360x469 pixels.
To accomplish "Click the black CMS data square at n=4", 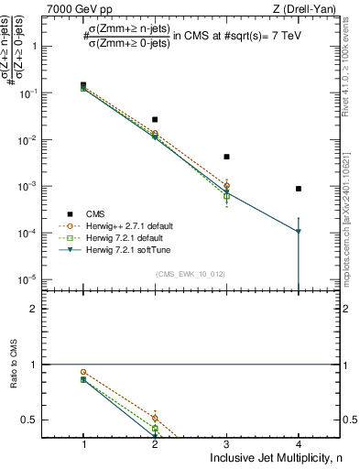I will coord(299,189).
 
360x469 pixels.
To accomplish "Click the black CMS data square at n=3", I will coord(226,157).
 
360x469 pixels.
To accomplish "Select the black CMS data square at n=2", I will coord(155,119).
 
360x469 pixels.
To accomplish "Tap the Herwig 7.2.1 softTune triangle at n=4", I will coord(299,232).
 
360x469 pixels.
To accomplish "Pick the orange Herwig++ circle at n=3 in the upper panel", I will coord(226,186).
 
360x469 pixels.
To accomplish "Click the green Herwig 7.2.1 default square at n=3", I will coord(226,196).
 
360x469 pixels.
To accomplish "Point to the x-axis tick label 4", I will coord(299,444).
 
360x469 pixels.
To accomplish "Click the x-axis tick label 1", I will coord(83,444).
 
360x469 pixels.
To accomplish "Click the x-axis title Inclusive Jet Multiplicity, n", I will coord(274,458).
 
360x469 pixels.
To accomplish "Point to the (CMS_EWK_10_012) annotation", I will coord(191,274).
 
